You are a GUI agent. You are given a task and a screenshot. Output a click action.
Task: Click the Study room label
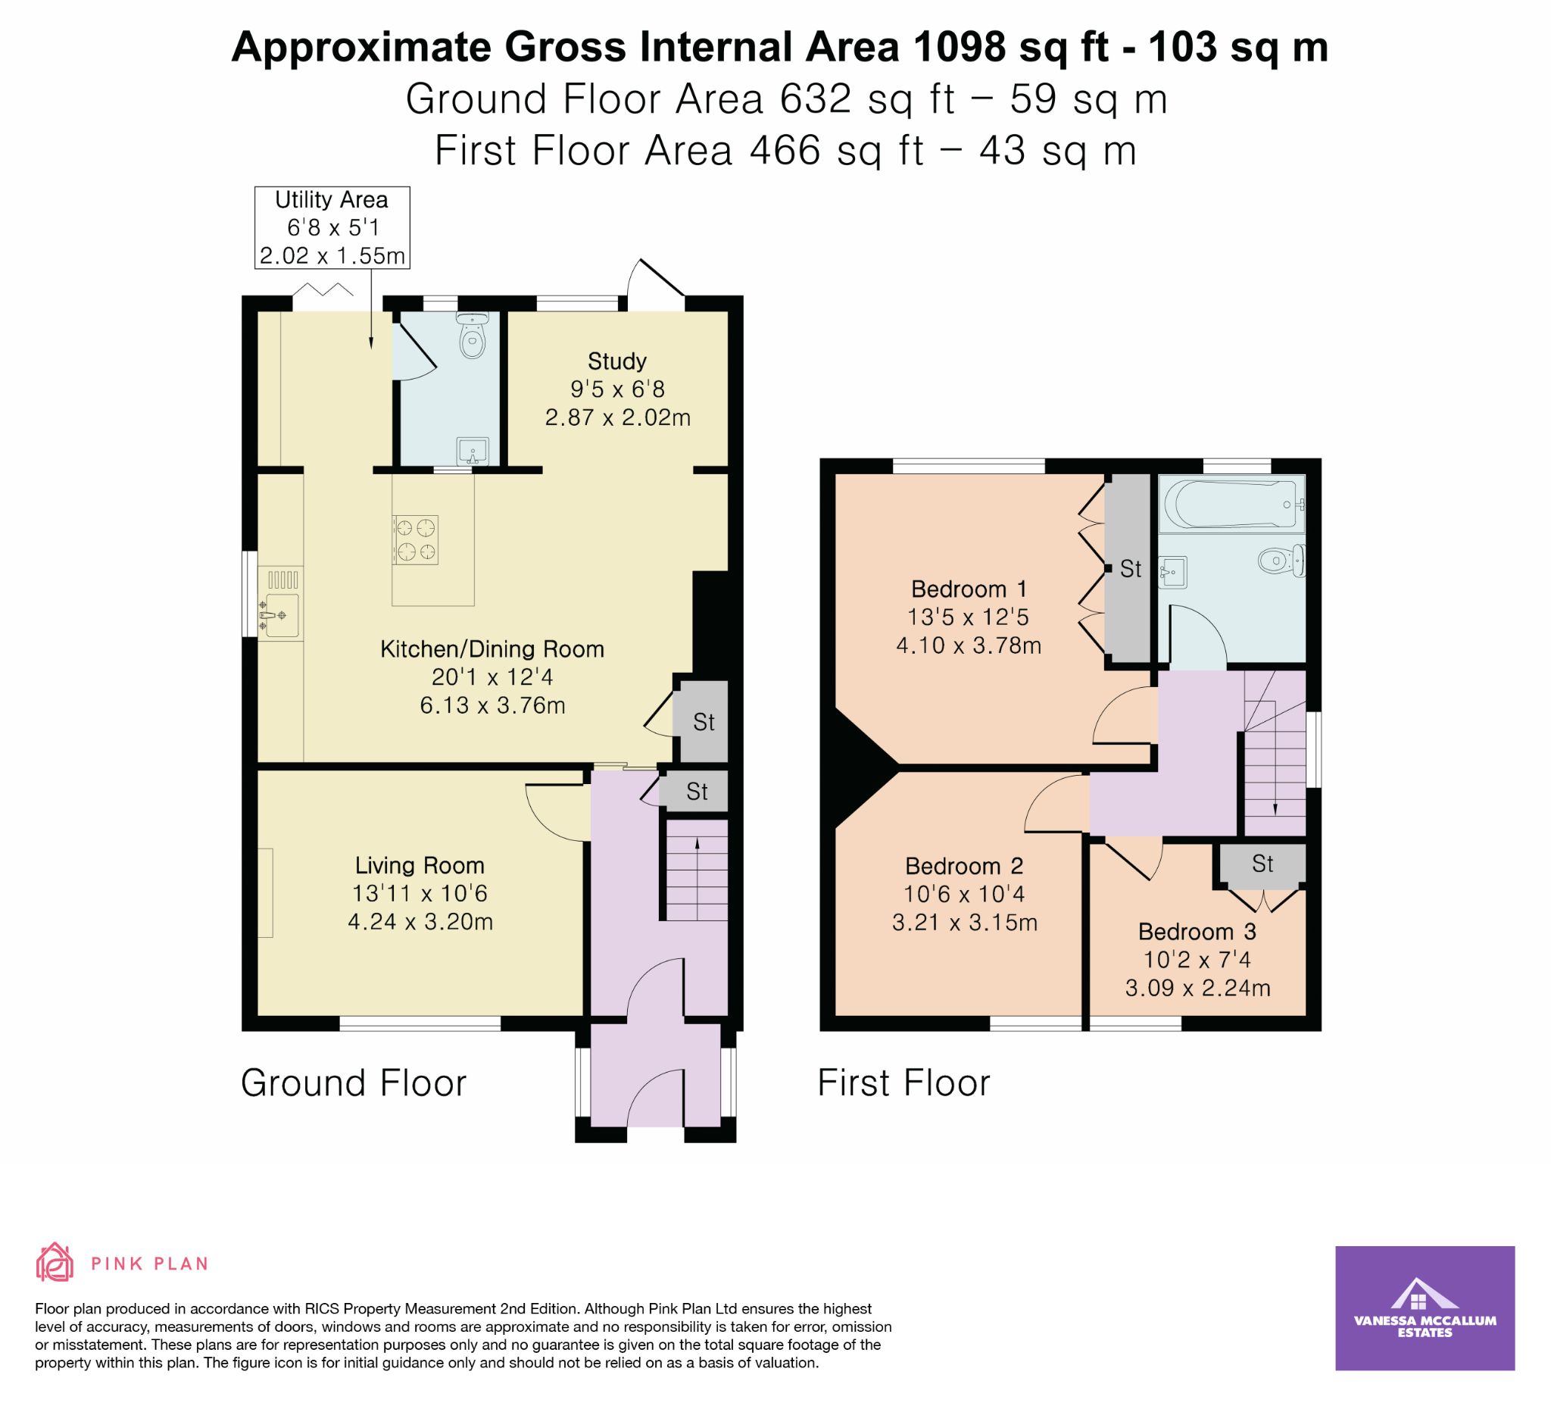tap(617, 361)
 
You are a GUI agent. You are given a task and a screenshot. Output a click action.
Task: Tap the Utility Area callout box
tap(332, 228)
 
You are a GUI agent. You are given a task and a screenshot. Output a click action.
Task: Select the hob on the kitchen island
tap(416, 539)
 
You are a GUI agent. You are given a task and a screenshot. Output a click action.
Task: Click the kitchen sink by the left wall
tap(279, 615)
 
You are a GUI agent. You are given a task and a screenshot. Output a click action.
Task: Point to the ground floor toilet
tap(472, 336)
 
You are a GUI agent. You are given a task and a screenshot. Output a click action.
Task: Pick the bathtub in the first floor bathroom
tap(1231, 504)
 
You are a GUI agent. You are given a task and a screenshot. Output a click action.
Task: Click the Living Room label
tap(420, 866)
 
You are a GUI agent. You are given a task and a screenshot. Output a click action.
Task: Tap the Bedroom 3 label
tap(1197, 932)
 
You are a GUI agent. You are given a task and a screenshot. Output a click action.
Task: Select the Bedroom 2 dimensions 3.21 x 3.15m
tap(965, 922)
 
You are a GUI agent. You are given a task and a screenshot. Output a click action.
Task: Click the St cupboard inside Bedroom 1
tap(1128, 569)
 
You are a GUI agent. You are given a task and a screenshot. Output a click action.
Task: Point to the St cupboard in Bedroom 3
tap(1262, 864)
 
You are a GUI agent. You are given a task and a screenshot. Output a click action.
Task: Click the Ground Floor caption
tap(354, 1083)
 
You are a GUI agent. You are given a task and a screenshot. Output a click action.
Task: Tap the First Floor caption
tap(904, 1083)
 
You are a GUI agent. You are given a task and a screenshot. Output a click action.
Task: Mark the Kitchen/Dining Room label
tap(492, 648)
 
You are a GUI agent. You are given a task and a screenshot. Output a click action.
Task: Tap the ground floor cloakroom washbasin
tap(473, 451)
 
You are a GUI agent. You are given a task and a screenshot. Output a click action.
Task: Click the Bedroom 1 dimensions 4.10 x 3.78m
tap(969, 645)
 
